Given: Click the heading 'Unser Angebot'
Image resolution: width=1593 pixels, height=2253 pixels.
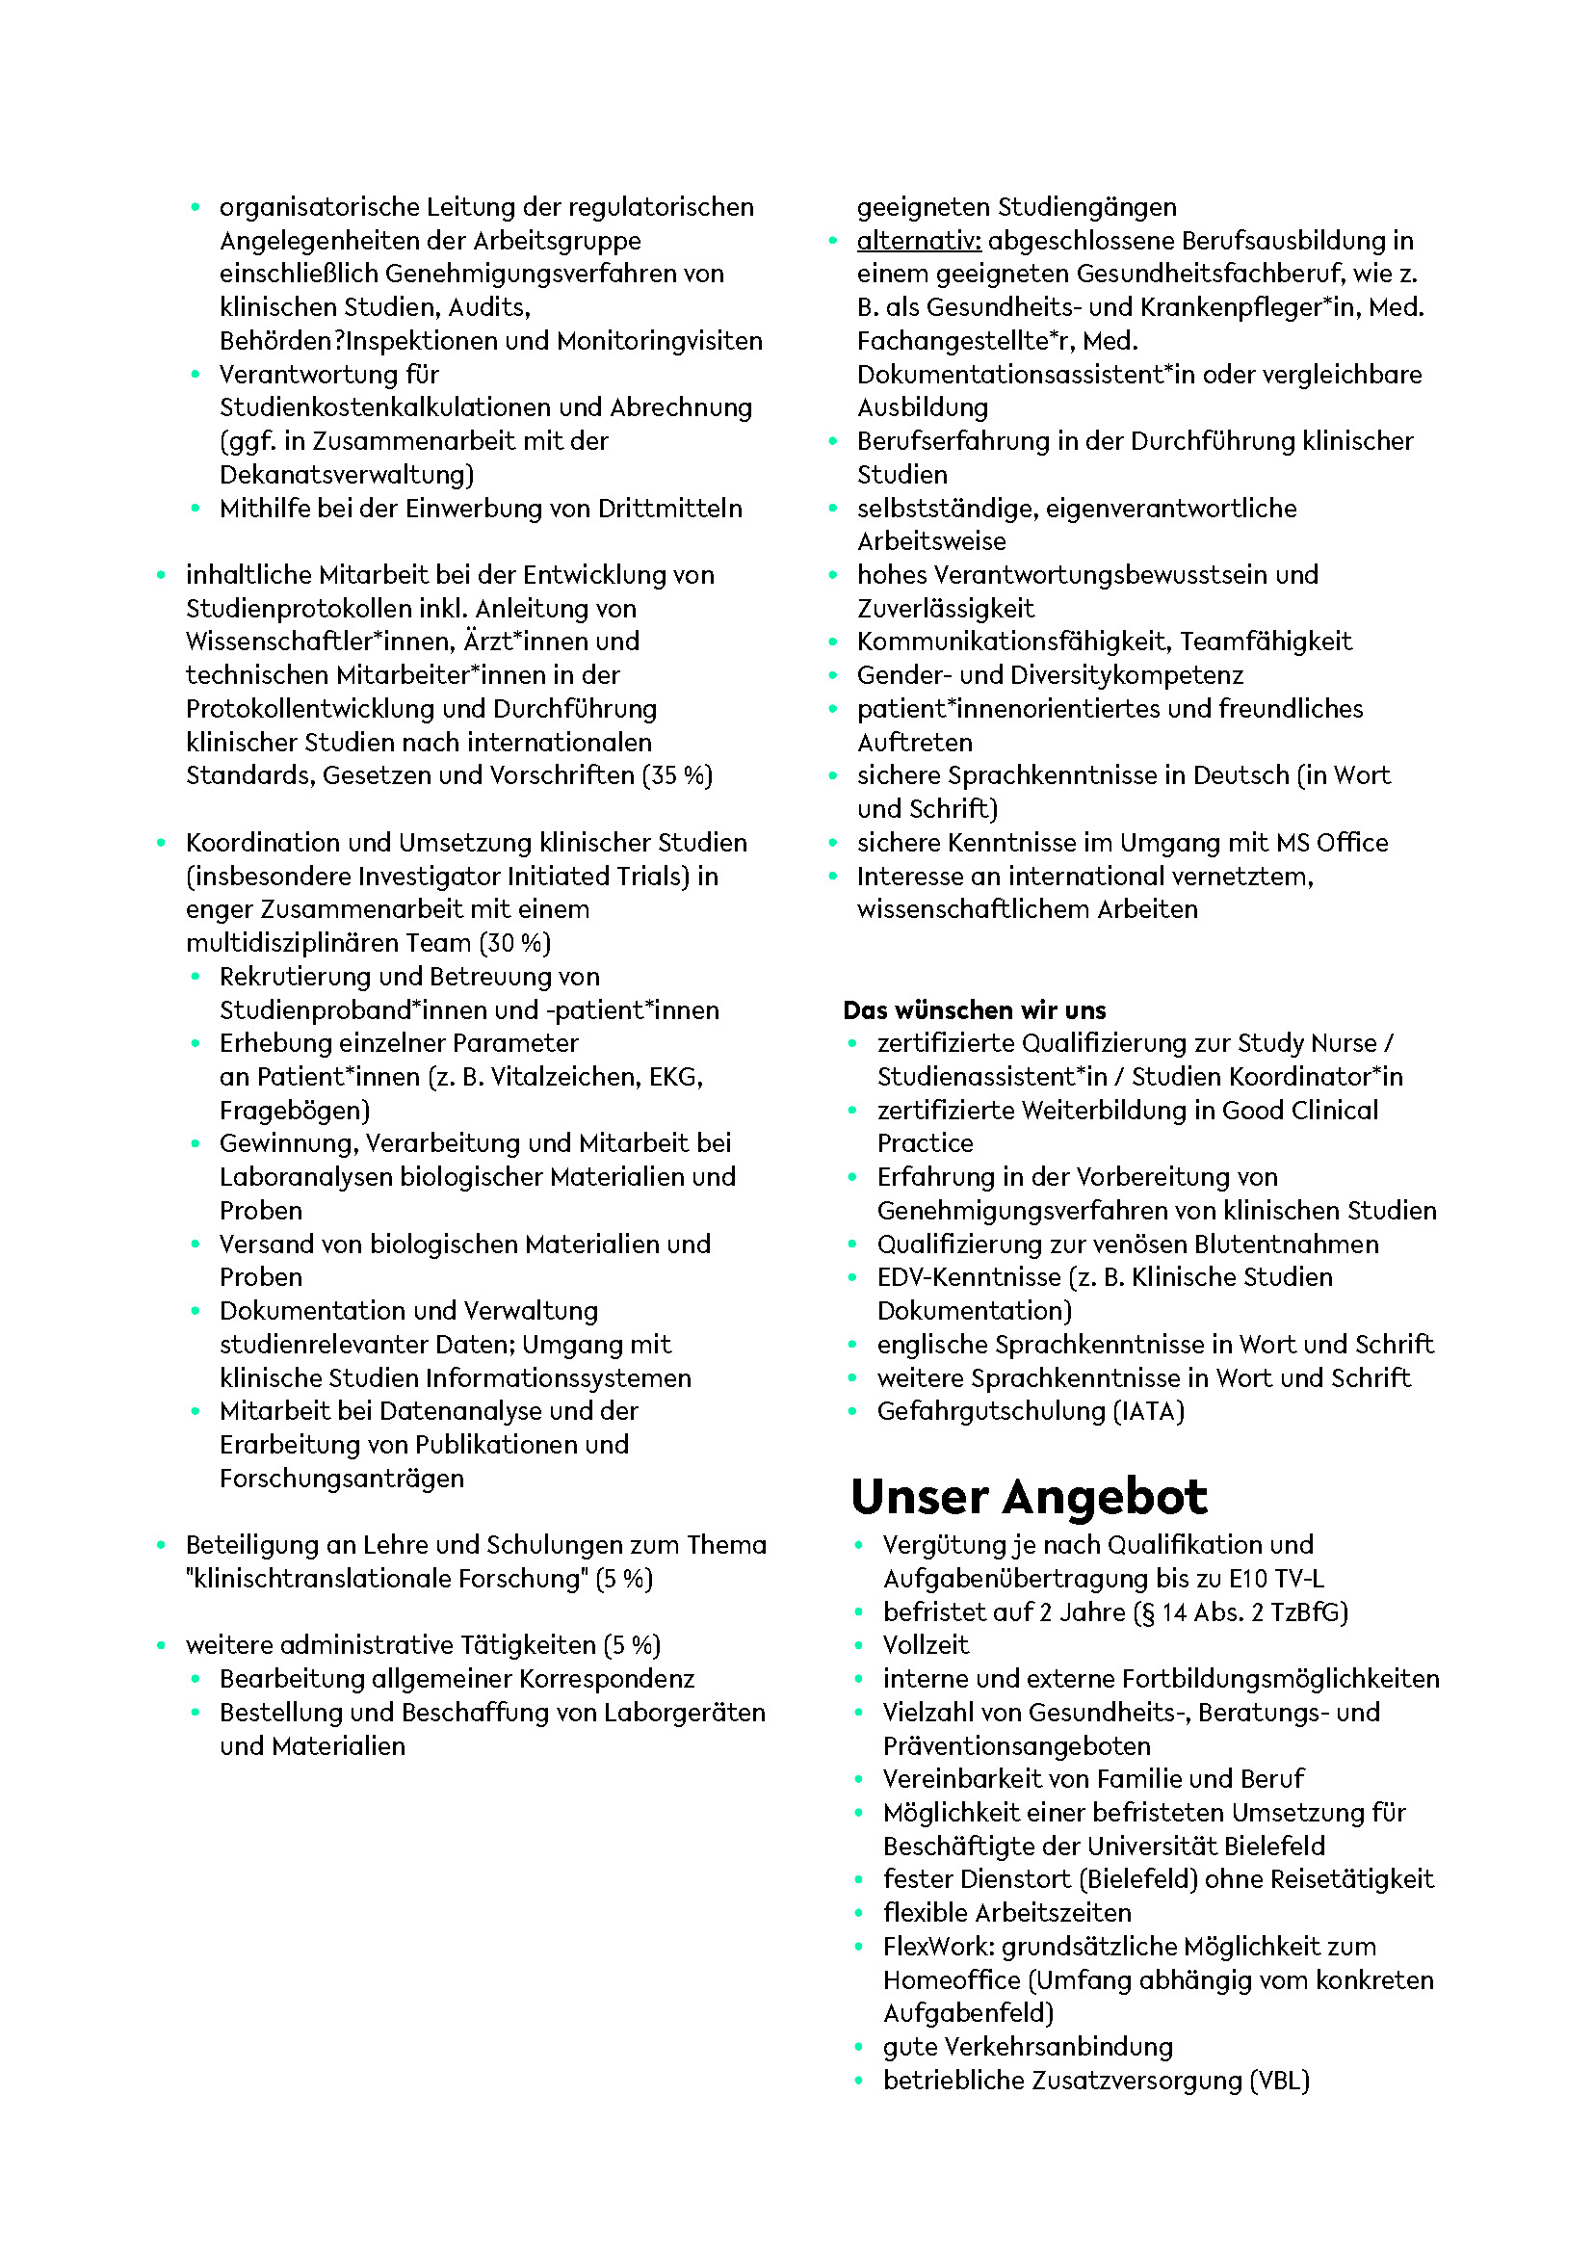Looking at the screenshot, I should tap(1028, 1498).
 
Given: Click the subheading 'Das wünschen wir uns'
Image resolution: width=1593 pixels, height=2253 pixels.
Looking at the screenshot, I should tap(974, 1009).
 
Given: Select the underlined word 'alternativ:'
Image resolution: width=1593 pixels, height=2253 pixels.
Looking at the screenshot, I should tap(918, 241).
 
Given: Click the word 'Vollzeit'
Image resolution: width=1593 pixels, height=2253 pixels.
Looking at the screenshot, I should tap(925, 1645).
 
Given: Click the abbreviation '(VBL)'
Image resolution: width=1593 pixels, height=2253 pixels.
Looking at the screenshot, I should tap(1279, 2081).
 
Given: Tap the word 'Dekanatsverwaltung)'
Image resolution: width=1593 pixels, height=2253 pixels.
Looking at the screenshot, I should tap(347, 475).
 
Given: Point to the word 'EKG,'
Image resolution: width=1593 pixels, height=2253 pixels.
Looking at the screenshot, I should tap(676, 1077).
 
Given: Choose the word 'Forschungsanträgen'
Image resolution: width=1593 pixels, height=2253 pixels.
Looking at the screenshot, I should tap(341, 1478).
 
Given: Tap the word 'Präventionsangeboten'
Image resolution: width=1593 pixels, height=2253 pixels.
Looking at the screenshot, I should tap(1016, 1745).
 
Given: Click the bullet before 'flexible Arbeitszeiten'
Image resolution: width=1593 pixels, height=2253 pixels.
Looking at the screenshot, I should tap(858, 1914).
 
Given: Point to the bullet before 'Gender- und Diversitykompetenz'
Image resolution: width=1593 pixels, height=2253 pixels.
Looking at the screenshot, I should tap(833, 676).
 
